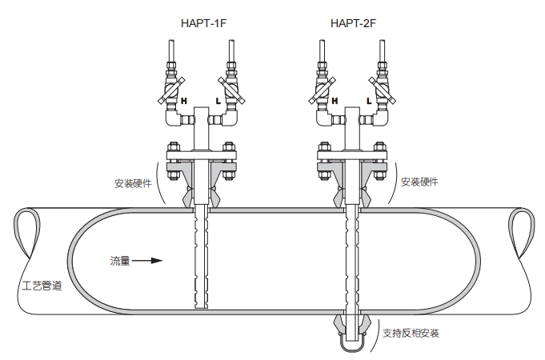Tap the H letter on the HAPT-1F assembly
(x=183, y=102)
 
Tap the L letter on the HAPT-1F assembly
(x=218, y=102)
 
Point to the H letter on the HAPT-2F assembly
(x=335, y=102)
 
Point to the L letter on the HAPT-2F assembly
(x=368, y=102)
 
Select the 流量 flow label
(x=119, y=261)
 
